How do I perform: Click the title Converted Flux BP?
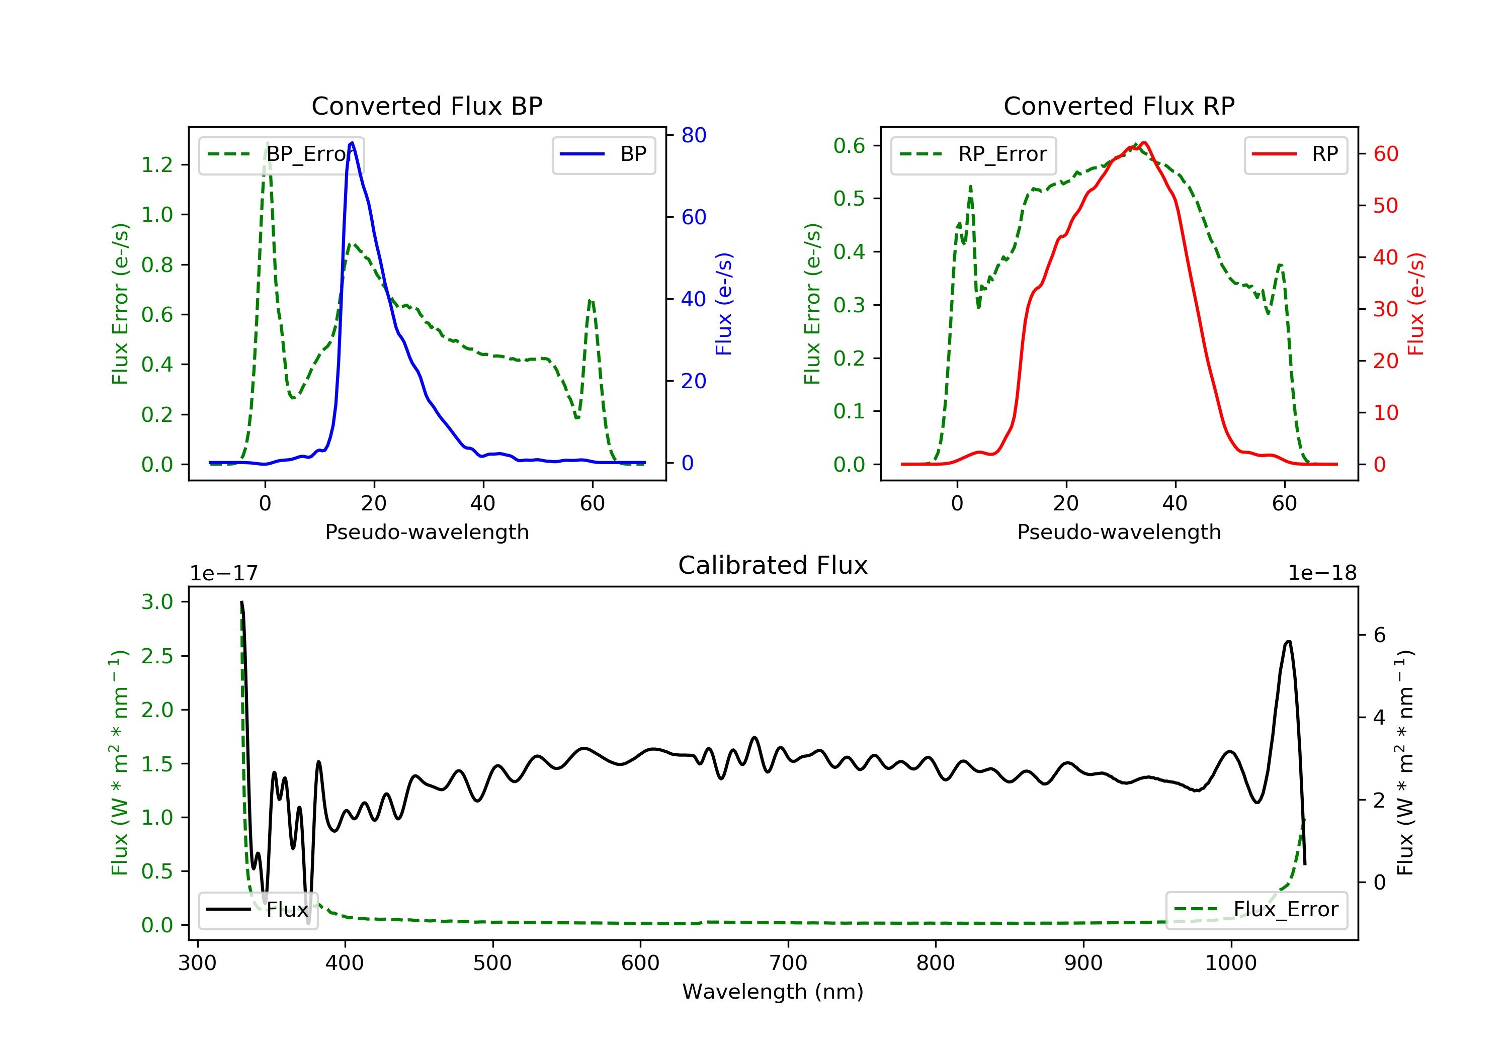[427, 106]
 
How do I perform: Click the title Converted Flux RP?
[1119, 106]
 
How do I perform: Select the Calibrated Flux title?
[773, 565]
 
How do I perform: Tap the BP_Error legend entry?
[281, 154]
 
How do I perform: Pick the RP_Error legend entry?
[973, 154]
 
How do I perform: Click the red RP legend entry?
[1295, 154]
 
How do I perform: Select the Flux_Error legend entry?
[1256, 910]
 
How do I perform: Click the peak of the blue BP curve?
[352, 143]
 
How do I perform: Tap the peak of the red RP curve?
[1144, 143]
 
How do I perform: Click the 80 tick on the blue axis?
[693, 135]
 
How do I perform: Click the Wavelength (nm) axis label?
[773, 992]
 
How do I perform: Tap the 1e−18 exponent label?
[1322, 573]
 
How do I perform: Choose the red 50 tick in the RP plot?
[1385, 206]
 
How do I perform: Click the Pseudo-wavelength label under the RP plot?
[1119, 532]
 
